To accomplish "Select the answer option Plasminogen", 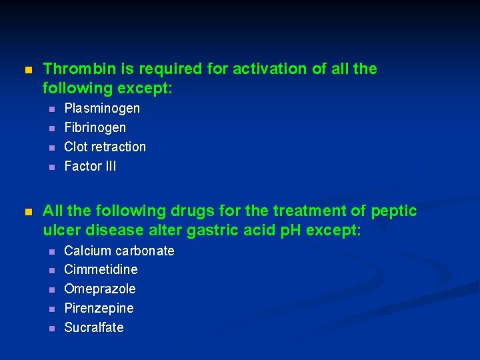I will (102, 108).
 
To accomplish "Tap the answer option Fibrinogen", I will (95, 127).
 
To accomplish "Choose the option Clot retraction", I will (105, 147).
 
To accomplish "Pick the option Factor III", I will (90, 166).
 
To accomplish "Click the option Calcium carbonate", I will (119, 251).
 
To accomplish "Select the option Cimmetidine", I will (101, 269).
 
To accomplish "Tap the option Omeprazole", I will (99, 289).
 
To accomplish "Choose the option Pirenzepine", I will (99, 308).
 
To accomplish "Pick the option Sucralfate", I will (93, 327).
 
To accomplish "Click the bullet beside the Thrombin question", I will (27, 70).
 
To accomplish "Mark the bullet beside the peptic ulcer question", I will (27, 212).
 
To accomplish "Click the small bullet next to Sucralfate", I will (51, 328).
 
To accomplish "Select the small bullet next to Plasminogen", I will (51, 109).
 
